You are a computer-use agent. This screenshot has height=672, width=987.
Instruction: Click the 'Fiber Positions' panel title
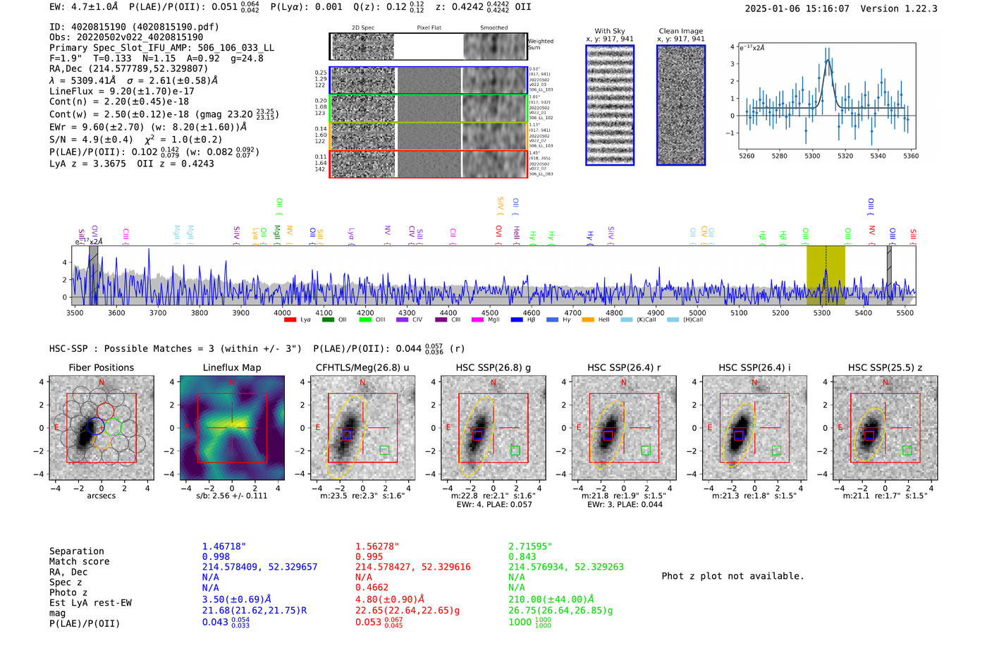pos(101,367)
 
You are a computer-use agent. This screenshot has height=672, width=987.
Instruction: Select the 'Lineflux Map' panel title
pos(231,367)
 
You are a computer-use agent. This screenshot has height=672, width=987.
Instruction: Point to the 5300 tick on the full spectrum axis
pos(821,313)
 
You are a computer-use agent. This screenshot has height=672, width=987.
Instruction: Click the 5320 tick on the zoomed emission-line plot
pos(845,156)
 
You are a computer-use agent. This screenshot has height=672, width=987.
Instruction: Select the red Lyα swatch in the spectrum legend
pos(290,320)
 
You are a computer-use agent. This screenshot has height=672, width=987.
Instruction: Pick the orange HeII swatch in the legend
pos(588,320)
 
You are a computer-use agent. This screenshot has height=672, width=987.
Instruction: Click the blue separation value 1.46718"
pos(223,546)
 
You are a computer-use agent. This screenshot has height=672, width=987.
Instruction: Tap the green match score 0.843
pos(522,557)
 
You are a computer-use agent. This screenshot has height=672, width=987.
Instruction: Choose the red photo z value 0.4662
pos(372,587)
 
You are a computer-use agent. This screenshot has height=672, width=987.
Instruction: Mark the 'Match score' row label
pos(79,561)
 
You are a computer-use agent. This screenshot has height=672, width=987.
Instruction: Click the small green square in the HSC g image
pos(515,450)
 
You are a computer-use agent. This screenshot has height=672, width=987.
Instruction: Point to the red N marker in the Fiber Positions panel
pos(102,383)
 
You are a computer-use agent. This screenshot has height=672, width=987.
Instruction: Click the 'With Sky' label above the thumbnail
pos(609,31)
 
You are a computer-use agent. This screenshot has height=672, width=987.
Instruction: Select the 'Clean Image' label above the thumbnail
pos(680,31)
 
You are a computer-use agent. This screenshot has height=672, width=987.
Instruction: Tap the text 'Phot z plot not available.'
pos(732,576)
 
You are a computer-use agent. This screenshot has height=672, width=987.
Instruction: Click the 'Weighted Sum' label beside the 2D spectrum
pos(540,44)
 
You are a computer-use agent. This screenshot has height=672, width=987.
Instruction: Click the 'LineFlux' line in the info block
pos(121,91)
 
